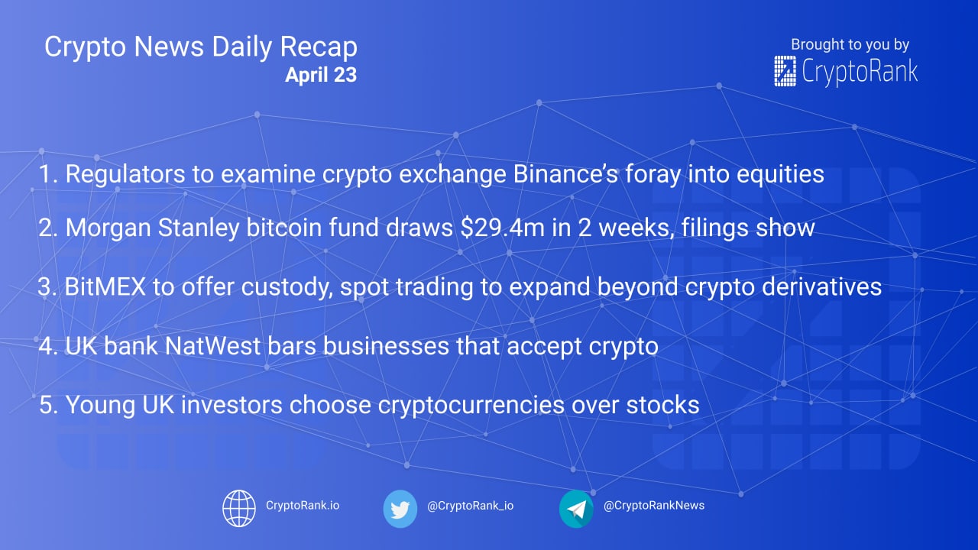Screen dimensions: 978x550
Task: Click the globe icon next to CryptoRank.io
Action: [x=239, y=508]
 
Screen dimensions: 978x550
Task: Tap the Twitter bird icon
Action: [x=400, y=509]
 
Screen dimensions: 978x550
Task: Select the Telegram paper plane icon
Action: [x=576, y=509]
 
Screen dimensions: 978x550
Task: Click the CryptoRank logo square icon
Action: [x=785, y=71]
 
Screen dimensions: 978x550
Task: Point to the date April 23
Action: [x=321, y=75]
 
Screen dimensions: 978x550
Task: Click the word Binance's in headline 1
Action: [x=565, y=173]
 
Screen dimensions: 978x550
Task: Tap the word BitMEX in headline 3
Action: [x=105, y=286]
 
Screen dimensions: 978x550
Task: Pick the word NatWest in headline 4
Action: [x=212, y=346]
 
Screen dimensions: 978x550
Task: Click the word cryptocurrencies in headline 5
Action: [x=471, y=405]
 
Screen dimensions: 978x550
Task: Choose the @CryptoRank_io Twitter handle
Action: [x=470, y=506]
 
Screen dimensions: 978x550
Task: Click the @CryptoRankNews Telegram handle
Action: [x=654, y=505]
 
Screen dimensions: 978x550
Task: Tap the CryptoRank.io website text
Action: [x=303, y=505]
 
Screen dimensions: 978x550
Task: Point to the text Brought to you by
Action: [x=850, y=44]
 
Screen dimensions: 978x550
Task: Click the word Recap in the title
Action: [x=319, y=47]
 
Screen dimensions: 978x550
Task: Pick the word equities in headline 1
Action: [x=780, y=174]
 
